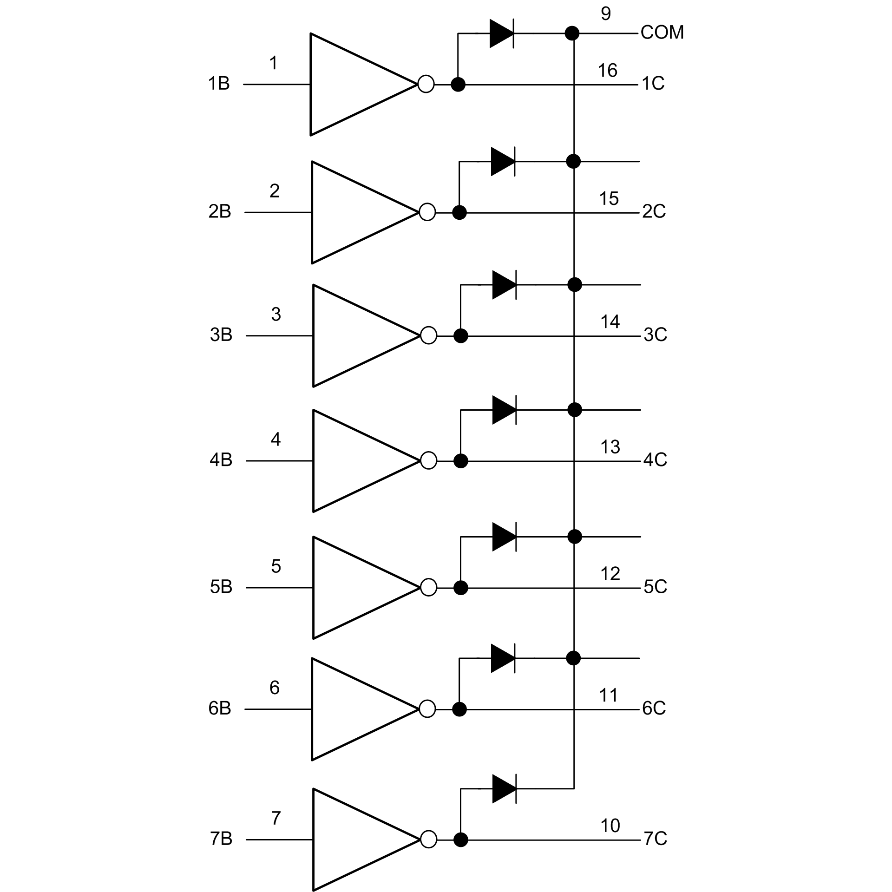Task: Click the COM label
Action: [x=662, y=33]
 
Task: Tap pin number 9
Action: [x=605, y=14]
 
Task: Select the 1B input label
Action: [x=219, y=84]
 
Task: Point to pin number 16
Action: [x=607, y=71]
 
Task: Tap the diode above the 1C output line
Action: [x=502, y=33]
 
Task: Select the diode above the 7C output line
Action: [x=504, y=789]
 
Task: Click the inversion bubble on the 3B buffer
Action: [x=428, y=335]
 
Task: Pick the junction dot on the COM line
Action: [x=572, y=33]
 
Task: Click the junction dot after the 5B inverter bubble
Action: [x=460, y=588]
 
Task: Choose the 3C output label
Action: [x=655, y=334]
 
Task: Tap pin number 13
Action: [x=610, y=447]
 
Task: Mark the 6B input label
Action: [x=220, y=708]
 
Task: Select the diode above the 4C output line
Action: [x=504, y=410]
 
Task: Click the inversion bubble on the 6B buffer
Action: [x=427, y=709]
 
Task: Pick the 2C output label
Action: [x=654, y=212]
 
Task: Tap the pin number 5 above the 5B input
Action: [x=276, y=566]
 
